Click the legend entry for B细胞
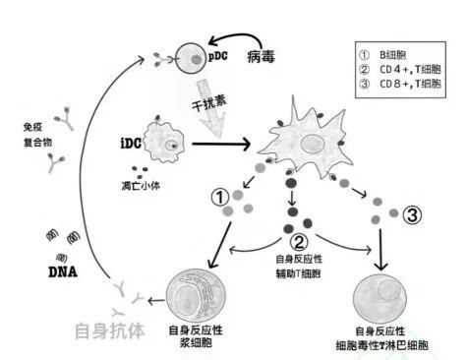399,55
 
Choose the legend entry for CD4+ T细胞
403,71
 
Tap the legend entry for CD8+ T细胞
403,87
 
